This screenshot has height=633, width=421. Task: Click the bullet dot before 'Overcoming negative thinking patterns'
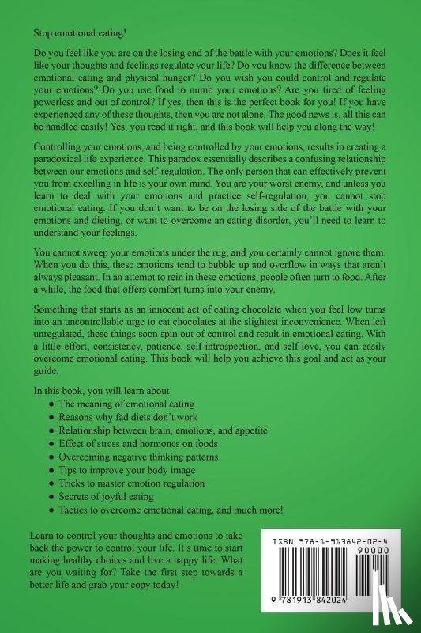click(x=52, y=457)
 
